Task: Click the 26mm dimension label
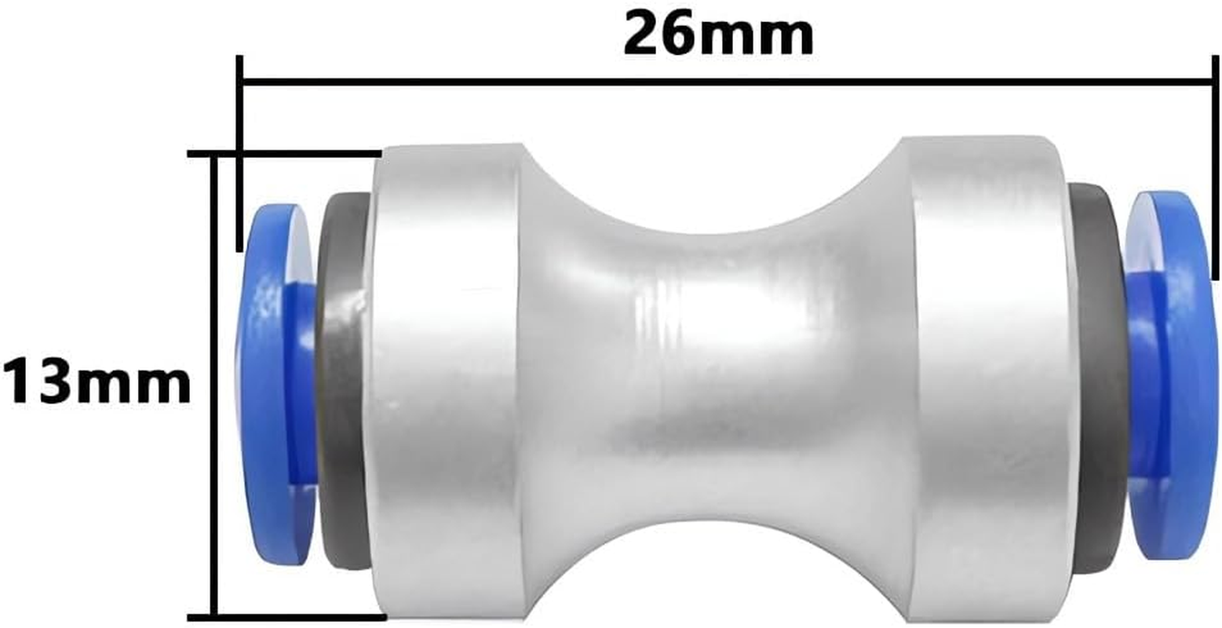(718, 35)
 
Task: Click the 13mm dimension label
(96, 382)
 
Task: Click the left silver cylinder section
(443, 385)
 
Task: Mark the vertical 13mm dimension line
(213, 385)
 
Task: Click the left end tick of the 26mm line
(239, 153)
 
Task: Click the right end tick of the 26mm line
(1215, 169)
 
